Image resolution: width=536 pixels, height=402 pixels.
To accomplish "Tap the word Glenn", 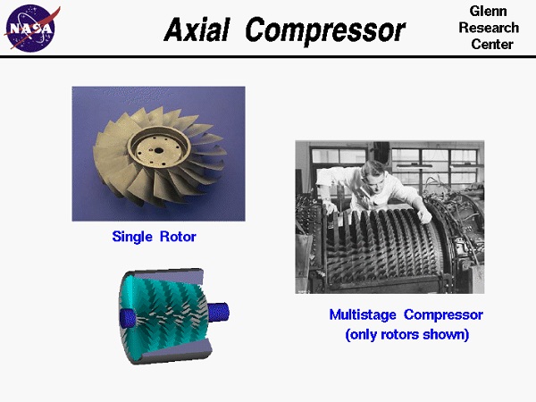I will click(x=488, y=11).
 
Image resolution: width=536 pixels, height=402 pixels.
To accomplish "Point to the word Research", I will click(x=488, y=28).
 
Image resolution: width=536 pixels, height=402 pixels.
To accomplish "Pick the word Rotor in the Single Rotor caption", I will click(x=177, y=237).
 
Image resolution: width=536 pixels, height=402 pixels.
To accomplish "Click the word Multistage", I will click(x=364, y=314).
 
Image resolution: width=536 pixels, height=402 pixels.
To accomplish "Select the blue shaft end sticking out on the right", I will click(x=219, y=312).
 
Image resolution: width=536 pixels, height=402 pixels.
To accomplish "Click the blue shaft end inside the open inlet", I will click(x=127, y=315).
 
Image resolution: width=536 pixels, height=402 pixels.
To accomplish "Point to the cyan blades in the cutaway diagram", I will click(x=165, y=308).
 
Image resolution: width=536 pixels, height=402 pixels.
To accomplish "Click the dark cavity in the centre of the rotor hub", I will click(x=159, y=146).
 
